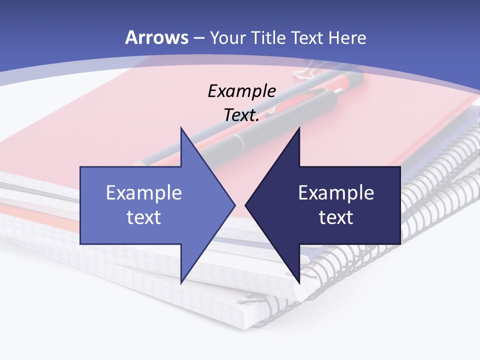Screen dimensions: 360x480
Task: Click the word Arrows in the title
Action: pyautogui.click(x=157, y=37)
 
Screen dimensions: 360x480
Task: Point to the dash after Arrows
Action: pyautogui.click(x=198, y=38)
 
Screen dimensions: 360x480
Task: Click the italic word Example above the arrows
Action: pyautogui.click(x=241, y=91)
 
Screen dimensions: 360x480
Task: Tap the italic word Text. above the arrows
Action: pyautogui.click(x=241, y=115)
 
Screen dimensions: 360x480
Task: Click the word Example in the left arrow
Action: pyautogui.click(x=144, y=192)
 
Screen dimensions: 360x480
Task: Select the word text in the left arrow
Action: pyautogui.click(x=144, y=217)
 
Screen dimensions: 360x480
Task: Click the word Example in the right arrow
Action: pyautogui.click(x=336, y=192)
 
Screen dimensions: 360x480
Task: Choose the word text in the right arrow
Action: pyautogui.click(x=336, y=217)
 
